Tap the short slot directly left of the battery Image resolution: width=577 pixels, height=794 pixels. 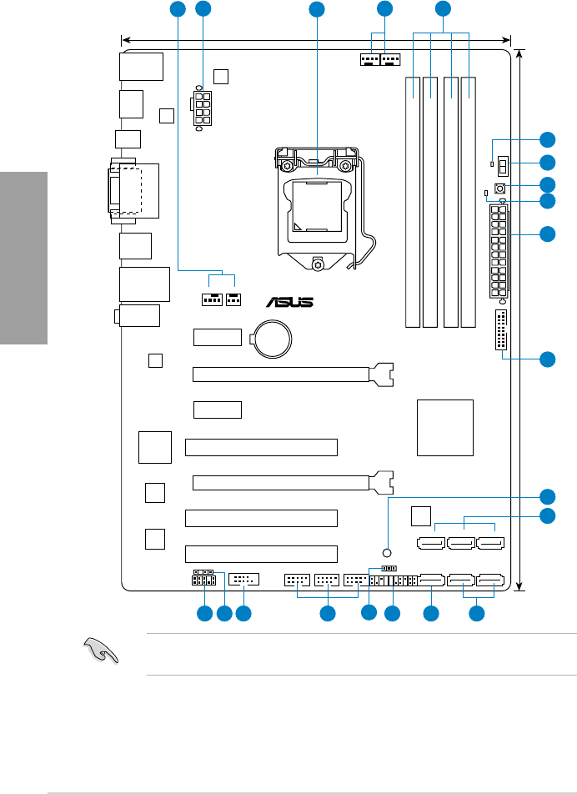click(x=218, y=338)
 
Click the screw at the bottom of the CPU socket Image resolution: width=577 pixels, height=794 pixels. click(x=319, y=264)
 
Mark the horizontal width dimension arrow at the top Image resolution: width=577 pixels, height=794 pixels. click(x=317, y=39)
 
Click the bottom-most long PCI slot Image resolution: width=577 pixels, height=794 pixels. click(x=261, y=553)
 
